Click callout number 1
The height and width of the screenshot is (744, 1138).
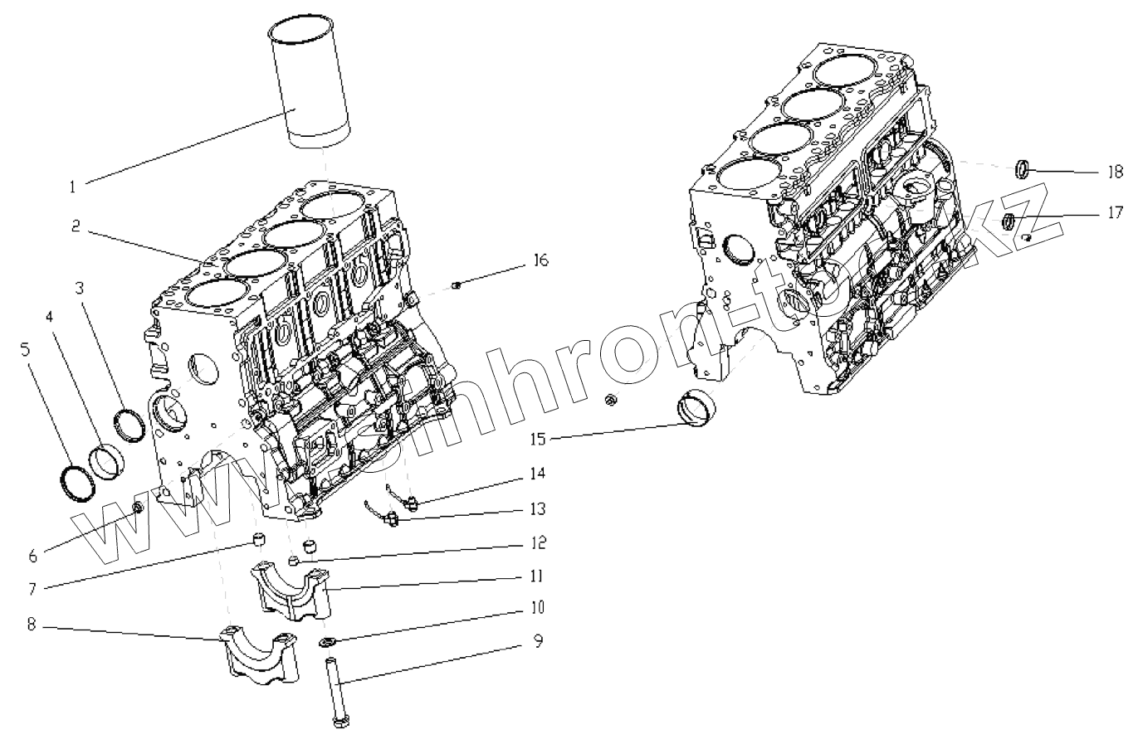(73, 187)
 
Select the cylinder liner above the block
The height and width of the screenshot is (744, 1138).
(309, 87)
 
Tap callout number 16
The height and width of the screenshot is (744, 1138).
(540, 262)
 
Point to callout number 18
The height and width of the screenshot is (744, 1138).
(1114, 173)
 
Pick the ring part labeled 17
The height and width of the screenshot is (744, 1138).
(1009, 221)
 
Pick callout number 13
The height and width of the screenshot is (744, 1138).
(538, 508)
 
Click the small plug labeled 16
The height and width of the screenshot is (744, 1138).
(456, 287)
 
